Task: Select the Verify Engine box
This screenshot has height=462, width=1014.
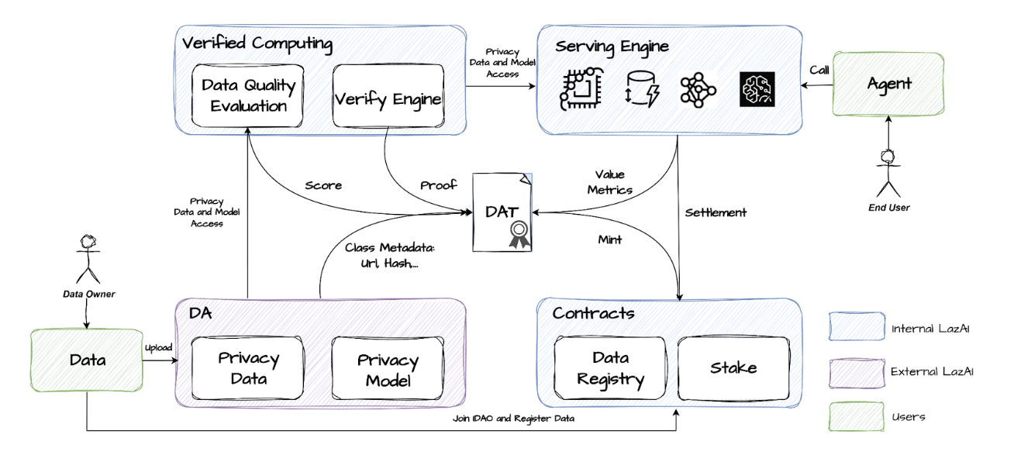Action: tap(388, 97)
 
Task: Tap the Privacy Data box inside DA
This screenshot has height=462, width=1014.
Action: tap(248, 368)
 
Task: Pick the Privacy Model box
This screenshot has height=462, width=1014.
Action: tap(388, 370)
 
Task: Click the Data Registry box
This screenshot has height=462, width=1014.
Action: tap(610, 368)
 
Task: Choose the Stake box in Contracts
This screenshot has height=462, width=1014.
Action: tap(733, 368)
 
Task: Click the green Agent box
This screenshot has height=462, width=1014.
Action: tap(888, 84)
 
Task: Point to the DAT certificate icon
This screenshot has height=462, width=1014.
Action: tap(502, 212)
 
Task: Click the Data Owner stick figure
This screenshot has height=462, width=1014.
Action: tap(88, 257)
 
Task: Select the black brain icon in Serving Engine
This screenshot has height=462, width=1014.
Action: tap(757, 89)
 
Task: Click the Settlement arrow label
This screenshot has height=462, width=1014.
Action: tap(716, 212)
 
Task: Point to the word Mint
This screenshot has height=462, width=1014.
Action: tap(609, 240)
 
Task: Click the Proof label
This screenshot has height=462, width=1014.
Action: tap(438, 185)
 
